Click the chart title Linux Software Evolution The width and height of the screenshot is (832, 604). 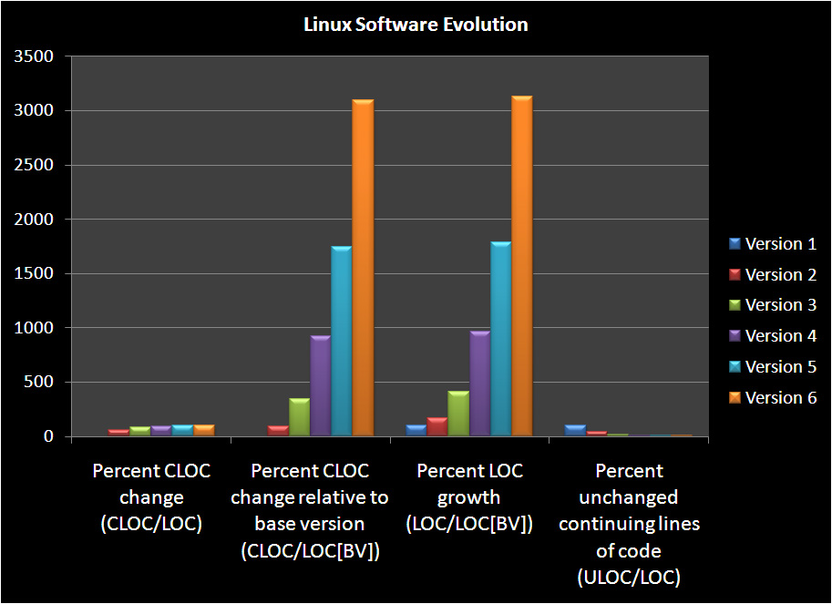416,25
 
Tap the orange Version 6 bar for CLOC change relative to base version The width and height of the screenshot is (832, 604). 363,268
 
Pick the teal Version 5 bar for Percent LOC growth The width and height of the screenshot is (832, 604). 500,339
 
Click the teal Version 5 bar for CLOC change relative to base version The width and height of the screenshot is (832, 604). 342,341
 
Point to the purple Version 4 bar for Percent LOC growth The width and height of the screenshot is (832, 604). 479,384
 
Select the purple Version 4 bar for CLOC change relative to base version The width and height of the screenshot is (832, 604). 320,386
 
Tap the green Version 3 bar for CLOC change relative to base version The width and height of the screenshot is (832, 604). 299,417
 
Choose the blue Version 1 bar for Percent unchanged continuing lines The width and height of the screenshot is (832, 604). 574,430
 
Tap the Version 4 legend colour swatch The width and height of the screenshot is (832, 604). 734,336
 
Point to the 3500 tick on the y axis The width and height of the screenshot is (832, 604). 34,57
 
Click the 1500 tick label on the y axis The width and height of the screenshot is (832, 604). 34,274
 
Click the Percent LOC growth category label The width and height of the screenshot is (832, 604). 469,497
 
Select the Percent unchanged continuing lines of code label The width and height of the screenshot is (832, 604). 629,524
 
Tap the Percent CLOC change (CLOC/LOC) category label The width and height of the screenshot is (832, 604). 151,497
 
